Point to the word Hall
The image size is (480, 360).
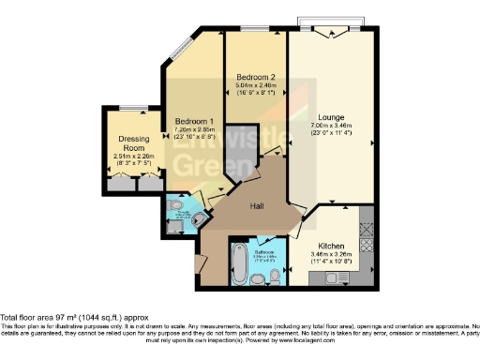pos(260,204)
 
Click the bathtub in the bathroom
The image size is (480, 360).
pos(238,267)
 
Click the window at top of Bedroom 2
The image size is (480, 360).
pos(254,30)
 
